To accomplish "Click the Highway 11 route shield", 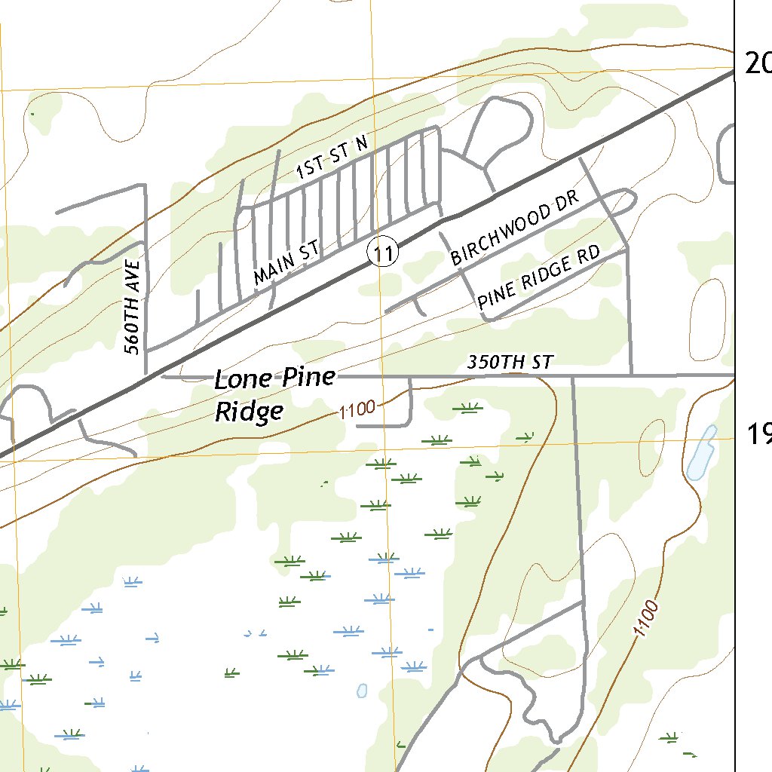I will [383, 253].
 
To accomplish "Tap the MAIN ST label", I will [287, 263].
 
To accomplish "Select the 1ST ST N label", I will [331, 158].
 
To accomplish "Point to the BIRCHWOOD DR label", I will [514, 228].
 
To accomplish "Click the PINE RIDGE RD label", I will [539, 277].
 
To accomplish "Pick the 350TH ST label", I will [510, 363].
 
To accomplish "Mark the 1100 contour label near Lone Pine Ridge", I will [357, 410].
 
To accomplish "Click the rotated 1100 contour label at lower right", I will [647, 617].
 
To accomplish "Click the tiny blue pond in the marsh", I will [362, 690].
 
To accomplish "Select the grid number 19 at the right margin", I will [758, 434].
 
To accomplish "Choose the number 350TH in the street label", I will [491, 363].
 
